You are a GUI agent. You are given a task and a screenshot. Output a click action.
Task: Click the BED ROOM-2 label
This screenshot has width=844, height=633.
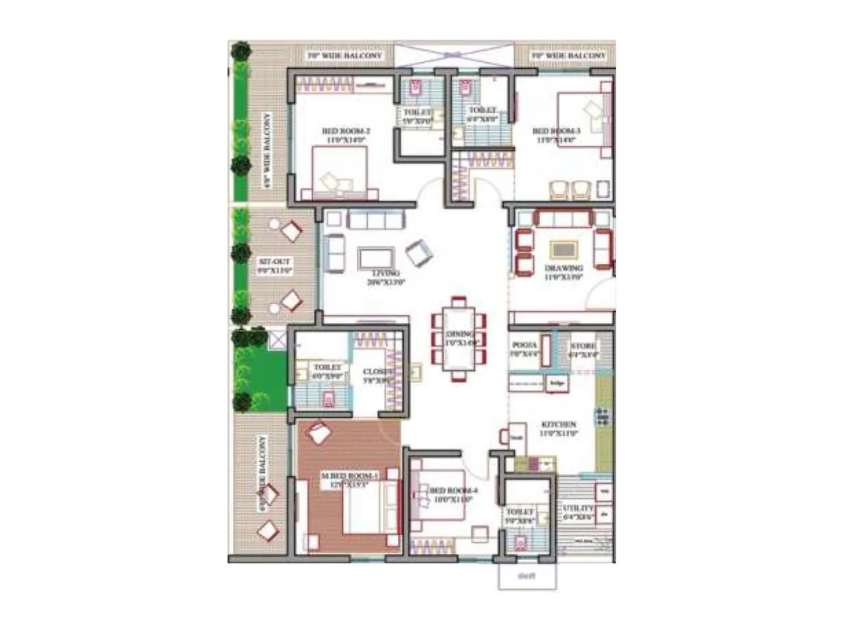tap(346, 131)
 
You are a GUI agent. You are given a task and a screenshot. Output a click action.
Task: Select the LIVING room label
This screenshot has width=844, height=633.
tap(386, 273)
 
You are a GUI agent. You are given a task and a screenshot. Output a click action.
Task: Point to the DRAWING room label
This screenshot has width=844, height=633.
tap(563, 268)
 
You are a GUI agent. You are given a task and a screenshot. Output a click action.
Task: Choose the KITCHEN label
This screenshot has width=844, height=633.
tap(559, 424)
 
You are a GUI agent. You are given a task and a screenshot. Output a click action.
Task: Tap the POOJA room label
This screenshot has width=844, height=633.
tap(524, 346)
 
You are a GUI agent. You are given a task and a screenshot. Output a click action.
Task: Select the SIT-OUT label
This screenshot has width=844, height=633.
tap(274, 262)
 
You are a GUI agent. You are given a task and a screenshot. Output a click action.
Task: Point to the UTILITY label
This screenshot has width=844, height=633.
tap(578, 509)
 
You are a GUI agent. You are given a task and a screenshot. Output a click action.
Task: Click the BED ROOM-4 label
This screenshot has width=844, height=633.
tap(453, 491)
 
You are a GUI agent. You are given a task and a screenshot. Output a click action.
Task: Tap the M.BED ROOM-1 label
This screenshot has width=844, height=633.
tap(350, 476)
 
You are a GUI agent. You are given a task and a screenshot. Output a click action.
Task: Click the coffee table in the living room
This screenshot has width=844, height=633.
tap(376, 258)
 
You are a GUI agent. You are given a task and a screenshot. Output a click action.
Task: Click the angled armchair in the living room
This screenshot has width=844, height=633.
tap(419, 252)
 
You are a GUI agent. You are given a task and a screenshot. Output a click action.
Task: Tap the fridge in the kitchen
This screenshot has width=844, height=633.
tap(556, 383)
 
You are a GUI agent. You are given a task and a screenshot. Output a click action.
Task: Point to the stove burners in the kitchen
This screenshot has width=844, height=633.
tap(602, 417)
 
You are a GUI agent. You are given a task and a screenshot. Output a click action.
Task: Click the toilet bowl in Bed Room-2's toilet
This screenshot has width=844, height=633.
tap(415, 88)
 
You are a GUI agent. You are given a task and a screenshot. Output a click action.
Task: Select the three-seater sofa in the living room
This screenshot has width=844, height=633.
tap(375, 219)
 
